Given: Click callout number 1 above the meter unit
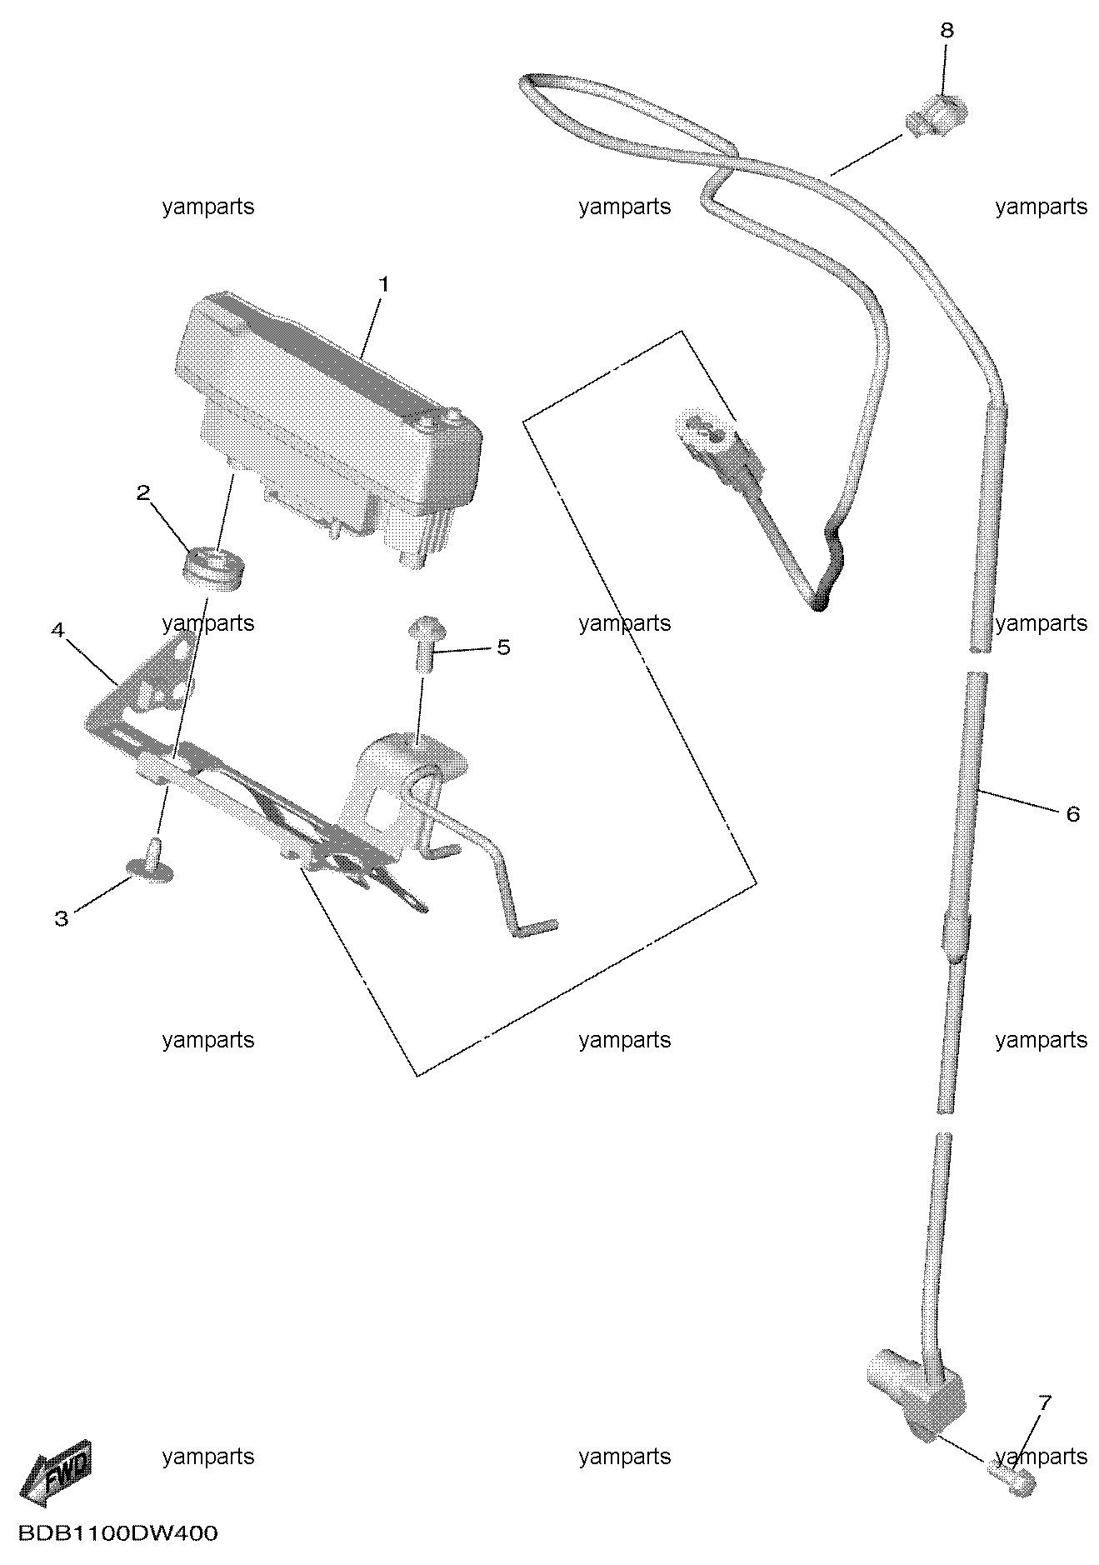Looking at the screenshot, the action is point(383,284).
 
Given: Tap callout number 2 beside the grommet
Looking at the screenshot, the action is point(143,492).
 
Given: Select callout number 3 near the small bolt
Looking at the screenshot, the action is point(61,918).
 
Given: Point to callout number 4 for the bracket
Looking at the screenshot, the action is point(57,630).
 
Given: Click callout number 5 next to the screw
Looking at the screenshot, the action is point(503,647).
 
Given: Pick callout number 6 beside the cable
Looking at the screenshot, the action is point(1072,813).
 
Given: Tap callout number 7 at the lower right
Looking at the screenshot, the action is point(1044,1402).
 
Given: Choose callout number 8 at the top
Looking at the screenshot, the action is point(947,31).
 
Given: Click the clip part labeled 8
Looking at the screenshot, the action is point(937,117).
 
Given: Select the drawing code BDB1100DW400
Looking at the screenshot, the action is point(116,1534).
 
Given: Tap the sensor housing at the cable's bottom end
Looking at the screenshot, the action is point(915,1389).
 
